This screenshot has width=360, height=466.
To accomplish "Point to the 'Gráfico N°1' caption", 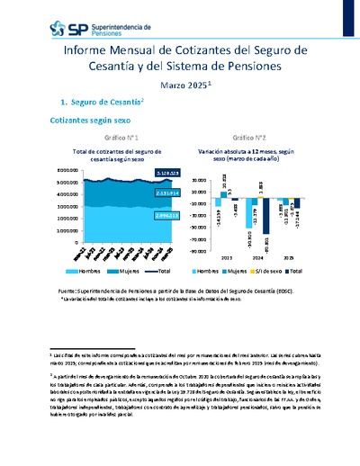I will click(x=119, y=138).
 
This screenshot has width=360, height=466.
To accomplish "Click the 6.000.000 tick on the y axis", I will click(x=42, y=170).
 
